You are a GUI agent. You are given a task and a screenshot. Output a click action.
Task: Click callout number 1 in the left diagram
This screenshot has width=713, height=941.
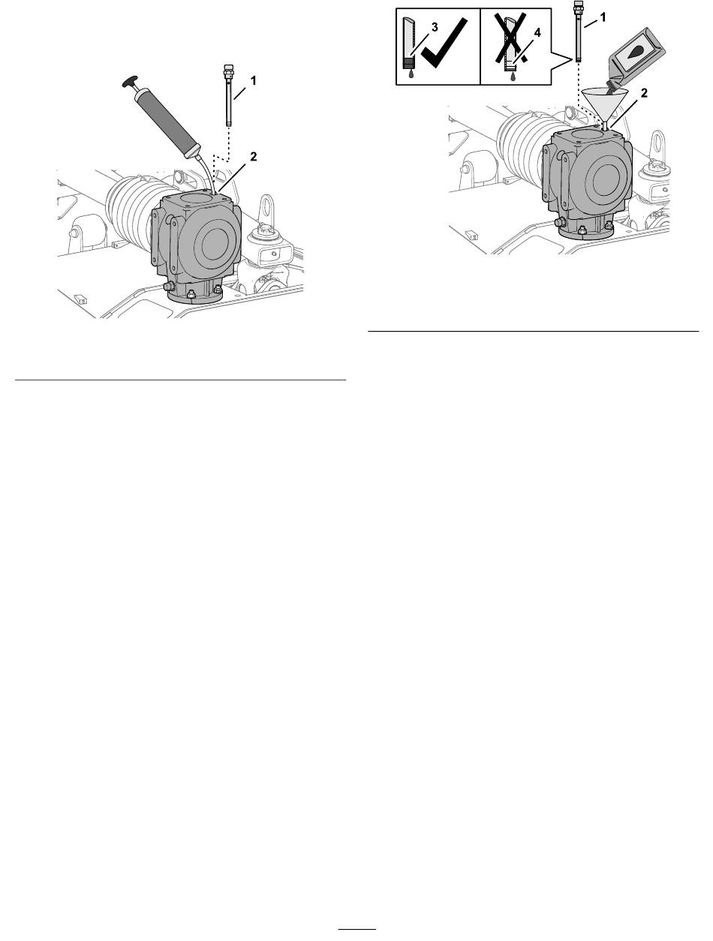254,80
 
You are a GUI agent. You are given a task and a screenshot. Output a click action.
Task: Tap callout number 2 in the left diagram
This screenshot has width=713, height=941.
254,157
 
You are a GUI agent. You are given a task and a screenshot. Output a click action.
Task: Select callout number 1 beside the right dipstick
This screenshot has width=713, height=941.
603,17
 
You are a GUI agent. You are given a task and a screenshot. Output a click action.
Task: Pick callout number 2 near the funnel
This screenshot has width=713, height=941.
644,93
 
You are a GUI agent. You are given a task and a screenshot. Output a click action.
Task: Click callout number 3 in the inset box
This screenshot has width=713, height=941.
435,28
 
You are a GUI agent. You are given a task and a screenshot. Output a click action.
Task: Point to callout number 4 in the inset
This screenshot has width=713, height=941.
537,33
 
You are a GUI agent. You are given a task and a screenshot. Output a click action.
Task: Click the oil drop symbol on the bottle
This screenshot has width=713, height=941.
637,53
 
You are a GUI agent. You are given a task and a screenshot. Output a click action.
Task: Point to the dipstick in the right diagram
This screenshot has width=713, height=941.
579,32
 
